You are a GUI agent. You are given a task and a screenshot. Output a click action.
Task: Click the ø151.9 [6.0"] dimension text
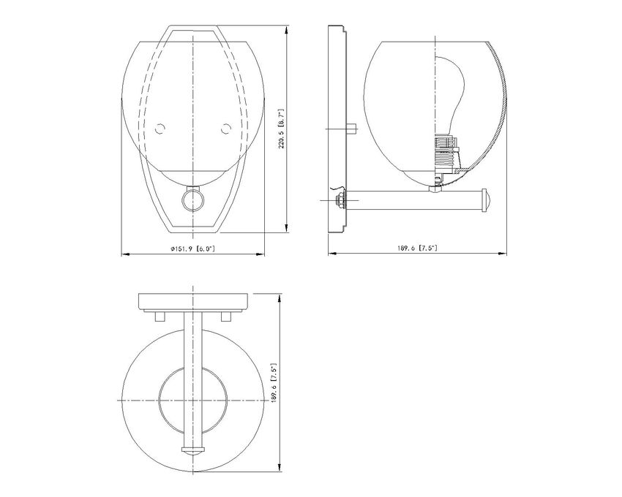[x=192, y=248]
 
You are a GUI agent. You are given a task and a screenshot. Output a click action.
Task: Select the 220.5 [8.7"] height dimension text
[x=281, y=129]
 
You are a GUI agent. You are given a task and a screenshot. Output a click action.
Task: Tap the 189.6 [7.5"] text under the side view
[x=417, y=248]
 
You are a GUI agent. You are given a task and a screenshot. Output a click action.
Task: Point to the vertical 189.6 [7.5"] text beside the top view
[x=274, y=383]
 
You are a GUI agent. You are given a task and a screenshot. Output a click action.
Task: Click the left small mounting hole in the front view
[x=160, y=129]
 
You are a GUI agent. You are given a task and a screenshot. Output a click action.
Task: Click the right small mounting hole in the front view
[x=225, y=129]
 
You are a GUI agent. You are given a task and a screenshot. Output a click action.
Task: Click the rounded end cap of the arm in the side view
[x=486, y=200]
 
